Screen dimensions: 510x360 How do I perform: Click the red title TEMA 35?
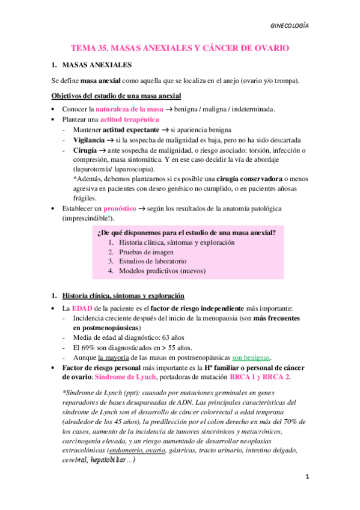pos(180,47)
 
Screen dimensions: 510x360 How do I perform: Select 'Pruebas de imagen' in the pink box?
pos(147,252)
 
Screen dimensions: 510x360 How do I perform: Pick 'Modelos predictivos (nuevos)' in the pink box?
pos(162,271)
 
